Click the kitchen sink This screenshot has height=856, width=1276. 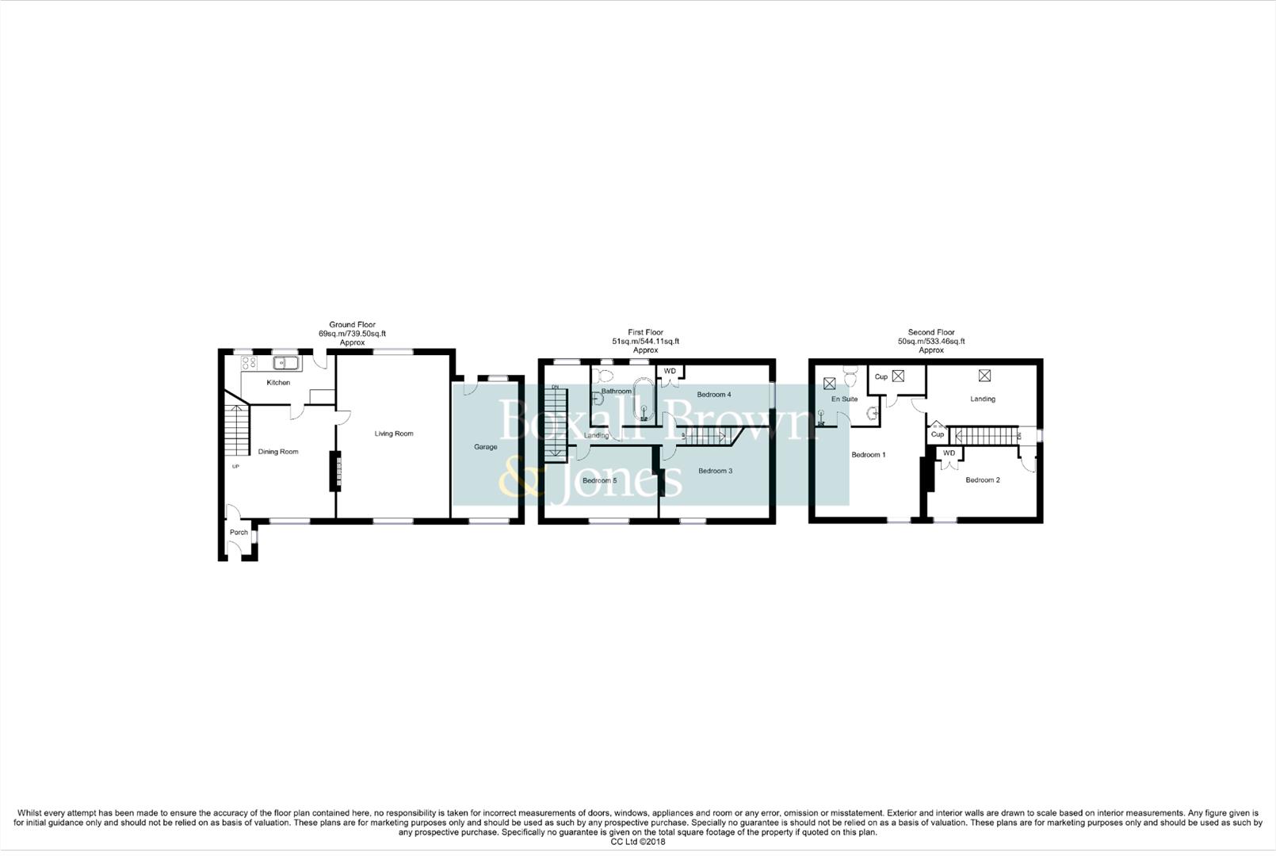point(285,363)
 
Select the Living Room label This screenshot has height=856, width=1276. point(394,434)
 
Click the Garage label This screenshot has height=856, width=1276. point(486,447)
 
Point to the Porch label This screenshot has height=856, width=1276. point(239,533)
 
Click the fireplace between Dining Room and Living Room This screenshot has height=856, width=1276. point(335,471)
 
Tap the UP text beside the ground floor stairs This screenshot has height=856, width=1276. point(235,466)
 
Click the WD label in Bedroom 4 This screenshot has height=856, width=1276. point(670,371)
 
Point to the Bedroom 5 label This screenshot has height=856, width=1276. point(599,480)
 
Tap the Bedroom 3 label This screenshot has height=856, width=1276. point(715,471)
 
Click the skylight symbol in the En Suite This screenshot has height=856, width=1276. point(829,384)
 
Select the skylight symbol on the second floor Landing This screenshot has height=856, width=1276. point(984,376)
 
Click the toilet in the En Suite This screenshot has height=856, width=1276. point(852,372)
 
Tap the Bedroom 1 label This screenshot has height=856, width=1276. point(868,455)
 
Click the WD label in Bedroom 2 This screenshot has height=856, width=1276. point(949,453)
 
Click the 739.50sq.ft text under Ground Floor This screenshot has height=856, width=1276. point(364,334)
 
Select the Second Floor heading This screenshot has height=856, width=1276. point(931,333)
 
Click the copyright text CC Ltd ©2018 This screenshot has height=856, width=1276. point(637,842)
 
